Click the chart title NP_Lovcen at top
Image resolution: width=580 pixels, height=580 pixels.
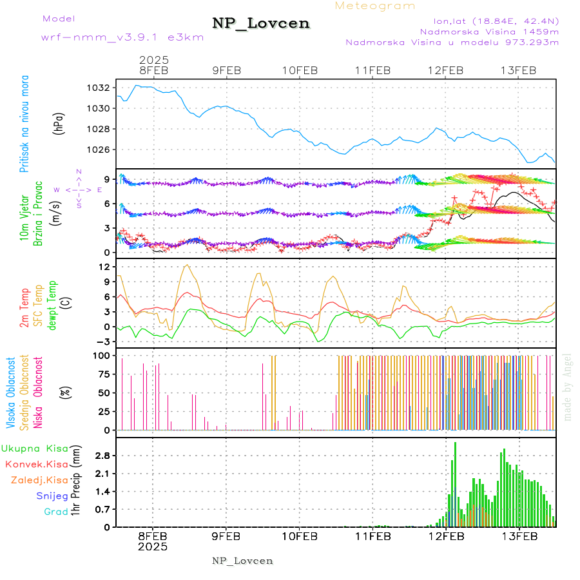(261, 24)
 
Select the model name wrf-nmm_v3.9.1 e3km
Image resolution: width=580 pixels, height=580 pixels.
(122, 37)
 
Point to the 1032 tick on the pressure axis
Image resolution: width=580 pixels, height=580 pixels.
(103, 88)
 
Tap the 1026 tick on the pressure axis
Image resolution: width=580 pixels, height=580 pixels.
(103, 150)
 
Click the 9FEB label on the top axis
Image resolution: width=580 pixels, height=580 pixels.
(226, 70)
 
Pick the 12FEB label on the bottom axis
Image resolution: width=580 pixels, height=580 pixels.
(446, 536)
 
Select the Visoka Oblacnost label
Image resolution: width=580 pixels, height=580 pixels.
(11, 393)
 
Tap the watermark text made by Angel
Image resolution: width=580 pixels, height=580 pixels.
(567, 387)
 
